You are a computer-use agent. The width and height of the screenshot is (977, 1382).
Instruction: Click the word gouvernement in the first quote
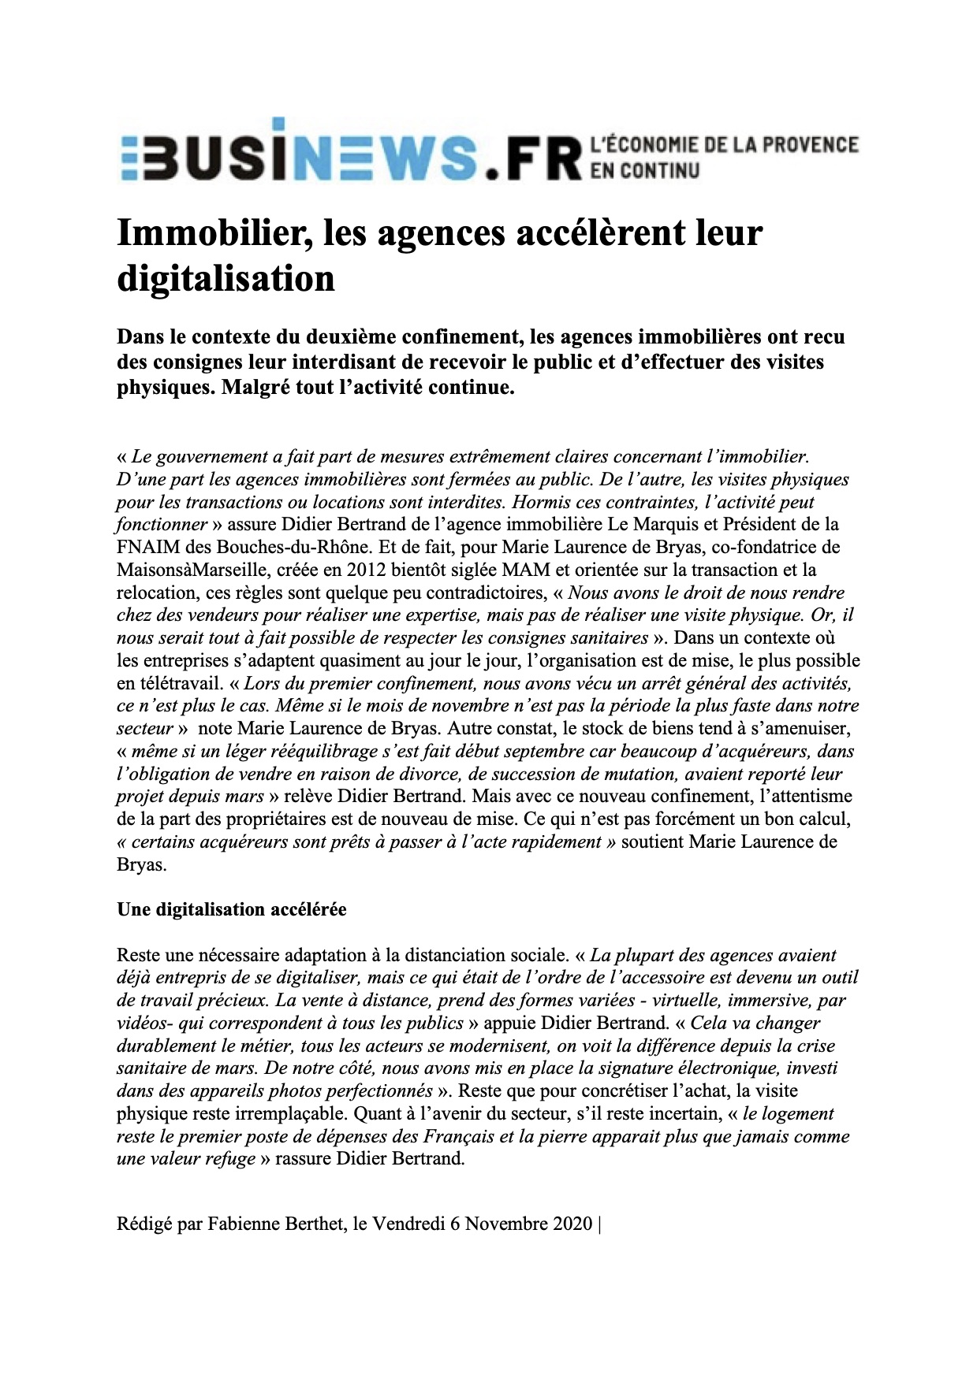pyautogui.click(x=207, y=456)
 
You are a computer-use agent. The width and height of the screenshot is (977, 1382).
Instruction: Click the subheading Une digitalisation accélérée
pyautogui.click(x=231, y=909)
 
